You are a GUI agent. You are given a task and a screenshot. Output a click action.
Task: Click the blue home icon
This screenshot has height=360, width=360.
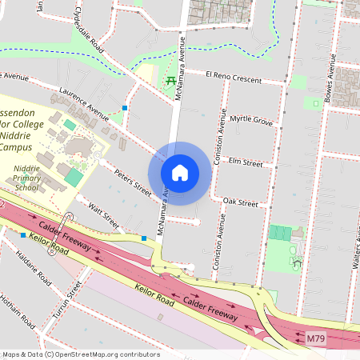pos(180,172)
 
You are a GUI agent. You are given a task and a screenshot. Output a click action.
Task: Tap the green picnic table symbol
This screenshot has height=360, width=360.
pos(170,80)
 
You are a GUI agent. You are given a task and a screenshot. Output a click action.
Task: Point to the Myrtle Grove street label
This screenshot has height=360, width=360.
pos(250,121)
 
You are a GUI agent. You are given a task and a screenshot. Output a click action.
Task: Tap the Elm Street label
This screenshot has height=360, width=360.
pos(246,163)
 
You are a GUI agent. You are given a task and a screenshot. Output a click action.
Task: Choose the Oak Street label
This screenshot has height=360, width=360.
pos(240,203)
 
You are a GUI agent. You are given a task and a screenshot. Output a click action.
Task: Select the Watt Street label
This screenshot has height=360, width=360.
pos(104,214)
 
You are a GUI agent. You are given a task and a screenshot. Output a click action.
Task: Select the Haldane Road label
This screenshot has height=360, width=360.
pos(32,268)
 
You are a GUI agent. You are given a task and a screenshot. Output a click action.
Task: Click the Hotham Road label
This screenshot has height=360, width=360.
pos(20,312)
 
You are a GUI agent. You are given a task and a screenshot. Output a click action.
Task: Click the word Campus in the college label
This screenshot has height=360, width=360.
pos(16,147)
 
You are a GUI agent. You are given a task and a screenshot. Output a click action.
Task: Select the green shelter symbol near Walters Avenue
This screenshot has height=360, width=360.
pos(297,262)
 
